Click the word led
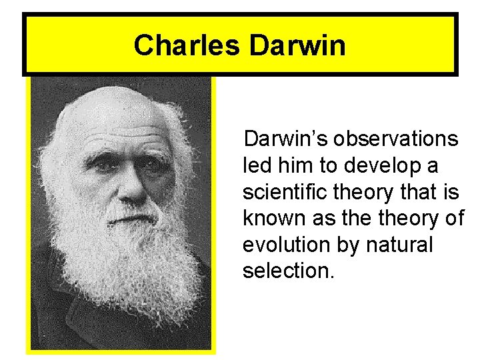(x=255, y=165)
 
